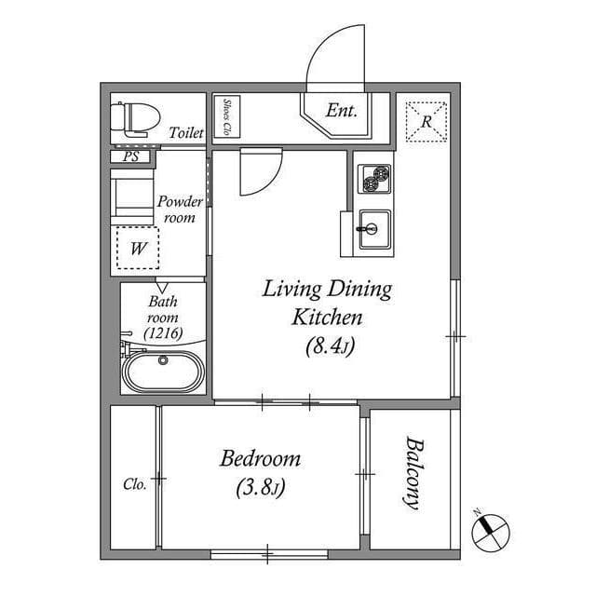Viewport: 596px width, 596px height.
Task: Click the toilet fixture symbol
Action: click(134, 119)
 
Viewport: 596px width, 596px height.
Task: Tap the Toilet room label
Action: click(186, 132)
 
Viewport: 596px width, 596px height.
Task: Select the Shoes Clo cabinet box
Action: click(227, 116)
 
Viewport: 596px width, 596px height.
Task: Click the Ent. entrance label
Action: click(342, 111)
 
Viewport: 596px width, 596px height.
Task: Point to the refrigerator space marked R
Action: click(427, 122)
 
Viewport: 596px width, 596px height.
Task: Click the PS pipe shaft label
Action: click(131, 156)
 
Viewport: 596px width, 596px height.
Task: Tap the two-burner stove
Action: click(374, 179)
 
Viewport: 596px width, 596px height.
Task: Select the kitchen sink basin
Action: click(374, 229)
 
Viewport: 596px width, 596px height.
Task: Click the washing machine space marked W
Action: click(138, 248)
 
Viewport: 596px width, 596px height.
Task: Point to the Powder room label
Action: click(180, 209)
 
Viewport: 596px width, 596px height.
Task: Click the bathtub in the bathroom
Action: click(164, 372)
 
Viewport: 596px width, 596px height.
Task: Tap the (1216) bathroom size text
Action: click(164, 333)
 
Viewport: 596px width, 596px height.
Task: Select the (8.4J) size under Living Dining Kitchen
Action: click(330, 345)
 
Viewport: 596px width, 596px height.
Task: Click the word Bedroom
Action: click(261, 458)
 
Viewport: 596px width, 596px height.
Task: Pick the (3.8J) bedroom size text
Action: click(261, 488)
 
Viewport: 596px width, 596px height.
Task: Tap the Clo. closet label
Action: click(134, 484)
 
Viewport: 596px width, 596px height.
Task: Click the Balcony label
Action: click(413, 473)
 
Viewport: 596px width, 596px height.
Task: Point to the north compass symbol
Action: click(491, 532)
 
